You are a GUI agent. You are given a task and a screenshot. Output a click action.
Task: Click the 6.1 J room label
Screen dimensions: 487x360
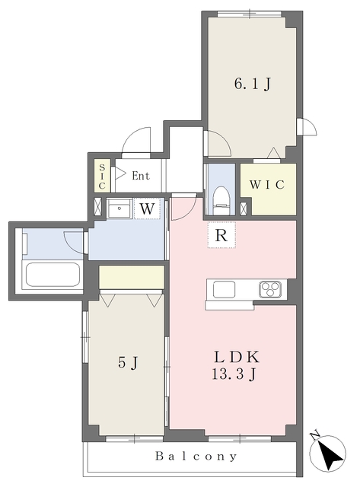(x=251, y=84)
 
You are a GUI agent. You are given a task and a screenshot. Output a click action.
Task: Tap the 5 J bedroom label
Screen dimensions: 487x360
(x=127, y=362)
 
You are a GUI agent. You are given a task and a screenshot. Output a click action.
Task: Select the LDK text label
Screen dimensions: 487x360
(x=237, y=356)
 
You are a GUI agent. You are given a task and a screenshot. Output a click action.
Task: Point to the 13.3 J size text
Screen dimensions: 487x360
(x=237, y=374)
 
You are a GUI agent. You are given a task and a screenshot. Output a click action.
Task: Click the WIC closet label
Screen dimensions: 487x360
(x=267, y=185)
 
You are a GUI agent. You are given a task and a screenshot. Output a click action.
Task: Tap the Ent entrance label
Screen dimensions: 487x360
(x=140, y=176)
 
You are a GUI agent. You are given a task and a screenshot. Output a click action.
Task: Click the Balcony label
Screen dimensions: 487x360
(x=196, y=457)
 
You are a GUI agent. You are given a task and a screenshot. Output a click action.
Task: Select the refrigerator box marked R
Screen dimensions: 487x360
(x=221, y=235)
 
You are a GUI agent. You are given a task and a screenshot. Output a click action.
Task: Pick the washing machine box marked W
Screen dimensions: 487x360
(x=148, y=207)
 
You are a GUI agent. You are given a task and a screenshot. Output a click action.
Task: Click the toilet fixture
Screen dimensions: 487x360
(x=221, y=197)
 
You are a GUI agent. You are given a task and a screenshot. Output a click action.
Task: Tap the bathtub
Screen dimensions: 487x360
(x=52, y=275)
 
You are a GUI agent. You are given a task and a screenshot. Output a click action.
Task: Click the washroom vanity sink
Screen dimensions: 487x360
(x=118, y=208)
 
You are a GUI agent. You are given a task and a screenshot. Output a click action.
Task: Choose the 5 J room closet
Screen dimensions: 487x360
(x=131, y=277)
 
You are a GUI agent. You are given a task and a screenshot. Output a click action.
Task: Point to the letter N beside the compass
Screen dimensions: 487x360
(x=314, y=435)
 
